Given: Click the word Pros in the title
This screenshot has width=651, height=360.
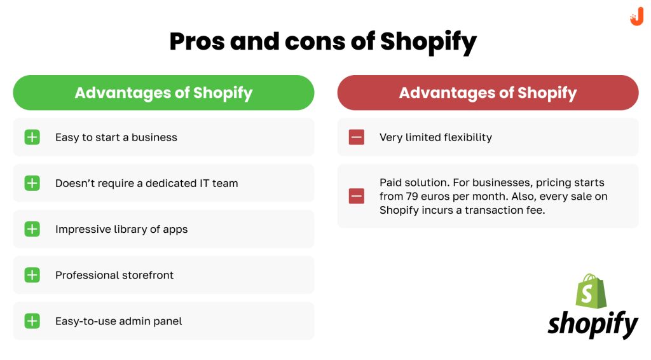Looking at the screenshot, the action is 197,41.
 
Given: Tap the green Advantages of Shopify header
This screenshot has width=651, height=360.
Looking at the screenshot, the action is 163,93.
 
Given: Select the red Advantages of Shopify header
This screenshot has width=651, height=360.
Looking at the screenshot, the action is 488,93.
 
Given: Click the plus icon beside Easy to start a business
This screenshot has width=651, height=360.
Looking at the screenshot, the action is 32,137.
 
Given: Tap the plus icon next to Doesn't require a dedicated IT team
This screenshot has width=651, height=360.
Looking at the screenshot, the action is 32,183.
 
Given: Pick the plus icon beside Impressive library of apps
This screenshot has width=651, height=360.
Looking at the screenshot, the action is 32,229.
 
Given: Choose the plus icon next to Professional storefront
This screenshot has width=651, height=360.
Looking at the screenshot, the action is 32,275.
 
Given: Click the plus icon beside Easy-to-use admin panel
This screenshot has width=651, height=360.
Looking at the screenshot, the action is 32,321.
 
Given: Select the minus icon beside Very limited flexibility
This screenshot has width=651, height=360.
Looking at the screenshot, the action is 356,137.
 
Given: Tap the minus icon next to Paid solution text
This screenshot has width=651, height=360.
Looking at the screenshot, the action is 356,196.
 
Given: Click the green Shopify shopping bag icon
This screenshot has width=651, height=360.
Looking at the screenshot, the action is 591,291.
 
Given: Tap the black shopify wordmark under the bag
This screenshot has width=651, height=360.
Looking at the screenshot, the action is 593,324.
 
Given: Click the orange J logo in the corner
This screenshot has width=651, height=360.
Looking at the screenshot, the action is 636,17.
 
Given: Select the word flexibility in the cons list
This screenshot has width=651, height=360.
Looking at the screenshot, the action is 468,138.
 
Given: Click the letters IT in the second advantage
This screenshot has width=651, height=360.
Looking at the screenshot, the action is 204,183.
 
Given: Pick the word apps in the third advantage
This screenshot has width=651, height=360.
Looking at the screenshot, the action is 175,230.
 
